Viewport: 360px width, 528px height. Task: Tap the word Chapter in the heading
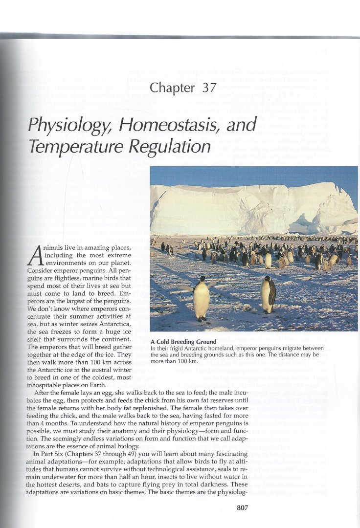(x=172, y=88)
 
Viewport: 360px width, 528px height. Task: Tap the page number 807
(x=243, y=507)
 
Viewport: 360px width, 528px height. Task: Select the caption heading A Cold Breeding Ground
(x=183, y=341)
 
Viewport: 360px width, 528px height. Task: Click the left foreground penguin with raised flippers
(x=201, y=299)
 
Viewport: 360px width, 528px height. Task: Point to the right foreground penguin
(x=268, y=295)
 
